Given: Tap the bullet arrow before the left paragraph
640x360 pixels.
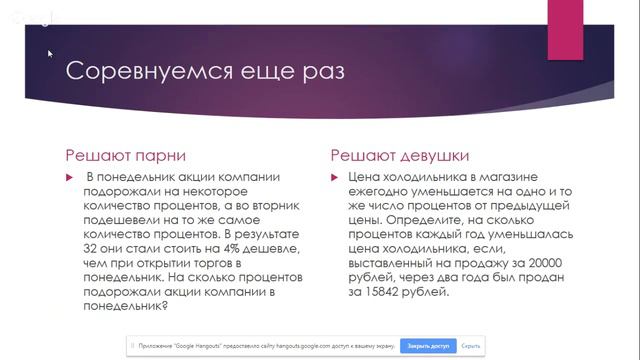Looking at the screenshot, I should [70, 177].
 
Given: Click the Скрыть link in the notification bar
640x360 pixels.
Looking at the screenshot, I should [471, 346].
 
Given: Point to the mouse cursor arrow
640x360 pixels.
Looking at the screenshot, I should [49, 54].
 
